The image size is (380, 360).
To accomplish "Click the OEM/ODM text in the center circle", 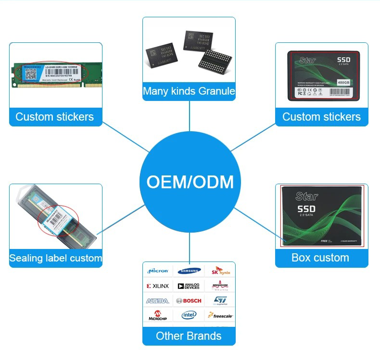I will coord(190,182).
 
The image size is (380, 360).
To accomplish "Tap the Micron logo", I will coord(158,271).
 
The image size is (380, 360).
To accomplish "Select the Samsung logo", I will coord(189,271).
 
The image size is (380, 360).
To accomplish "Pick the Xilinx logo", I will coord(158,286).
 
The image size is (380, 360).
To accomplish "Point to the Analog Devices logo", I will coord(189,286).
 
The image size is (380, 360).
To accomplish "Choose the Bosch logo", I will coord(189,301).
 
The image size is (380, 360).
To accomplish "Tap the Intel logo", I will coord(189,315).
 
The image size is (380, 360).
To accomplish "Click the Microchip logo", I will coord(158,315).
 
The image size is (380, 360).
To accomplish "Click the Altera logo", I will coord(158,301).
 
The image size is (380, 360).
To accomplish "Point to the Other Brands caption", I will coord(189,335).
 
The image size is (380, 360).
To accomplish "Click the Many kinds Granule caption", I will coord(189,91).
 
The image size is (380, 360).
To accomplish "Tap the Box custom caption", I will coord(320,257).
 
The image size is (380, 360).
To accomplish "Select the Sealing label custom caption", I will coord(56,258).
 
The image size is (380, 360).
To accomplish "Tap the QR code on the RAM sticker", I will coord(31,73).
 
